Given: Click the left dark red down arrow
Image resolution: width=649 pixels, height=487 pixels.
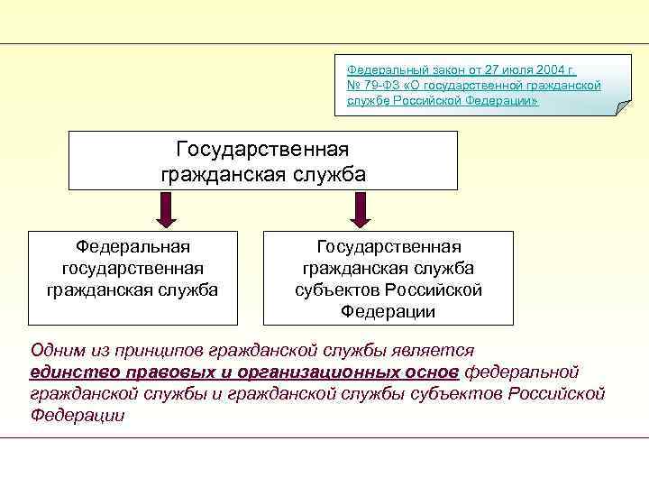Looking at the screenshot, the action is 167,210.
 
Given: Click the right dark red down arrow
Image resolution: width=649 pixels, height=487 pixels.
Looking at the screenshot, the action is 359,210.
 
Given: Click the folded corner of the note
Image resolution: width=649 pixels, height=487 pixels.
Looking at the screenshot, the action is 623,107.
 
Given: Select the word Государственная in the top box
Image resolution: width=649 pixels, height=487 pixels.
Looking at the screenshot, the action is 262,147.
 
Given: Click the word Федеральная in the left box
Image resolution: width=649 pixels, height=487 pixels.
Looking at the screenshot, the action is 133,247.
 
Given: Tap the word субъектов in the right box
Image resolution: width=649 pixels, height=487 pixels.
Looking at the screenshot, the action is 336,290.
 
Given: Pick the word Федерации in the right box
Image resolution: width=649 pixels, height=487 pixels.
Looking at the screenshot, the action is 388,312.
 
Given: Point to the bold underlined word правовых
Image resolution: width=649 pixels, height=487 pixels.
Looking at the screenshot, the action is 165,372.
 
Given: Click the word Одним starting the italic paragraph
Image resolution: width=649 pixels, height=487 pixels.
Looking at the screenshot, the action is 58,351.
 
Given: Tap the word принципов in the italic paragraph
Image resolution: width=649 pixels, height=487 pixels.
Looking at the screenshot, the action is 159,351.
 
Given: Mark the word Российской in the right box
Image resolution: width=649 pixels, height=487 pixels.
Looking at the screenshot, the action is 433,290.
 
